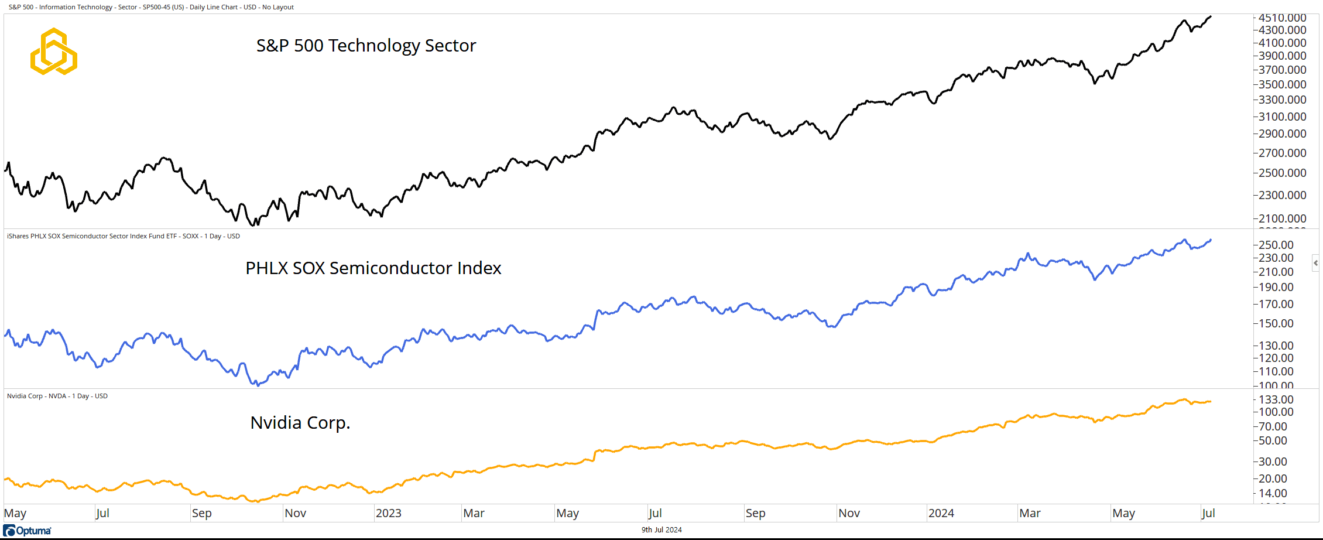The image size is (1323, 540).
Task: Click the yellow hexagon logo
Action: (54, 52)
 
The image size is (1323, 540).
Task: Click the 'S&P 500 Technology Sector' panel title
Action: (366, 46)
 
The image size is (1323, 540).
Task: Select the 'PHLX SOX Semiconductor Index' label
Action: (373, 268)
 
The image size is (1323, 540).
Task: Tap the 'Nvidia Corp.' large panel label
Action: (300, 423)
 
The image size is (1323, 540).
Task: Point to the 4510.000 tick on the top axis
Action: (1282, 18)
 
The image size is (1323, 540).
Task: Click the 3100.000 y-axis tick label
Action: (1282, 117)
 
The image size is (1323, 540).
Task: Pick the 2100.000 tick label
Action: (1282, 218)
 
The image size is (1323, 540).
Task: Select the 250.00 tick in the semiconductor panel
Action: (1276, 245)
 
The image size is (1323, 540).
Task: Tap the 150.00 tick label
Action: (1276, 323)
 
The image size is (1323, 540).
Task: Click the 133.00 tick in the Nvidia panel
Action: (1276, 399)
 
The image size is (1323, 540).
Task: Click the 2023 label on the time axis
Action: (388, 514)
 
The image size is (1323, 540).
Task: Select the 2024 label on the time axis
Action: (941, 514)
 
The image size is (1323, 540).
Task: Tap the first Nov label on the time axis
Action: (295, 514)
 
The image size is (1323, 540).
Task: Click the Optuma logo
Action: (28, 531)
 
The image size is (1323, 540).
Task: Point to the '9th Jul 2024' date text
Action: (661, 530)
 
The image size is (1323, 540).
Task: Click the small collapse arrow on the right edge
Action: (1315, 263)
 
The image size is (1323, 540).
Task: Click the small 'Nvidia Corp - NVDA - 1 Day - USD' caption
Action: (57, 397)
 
